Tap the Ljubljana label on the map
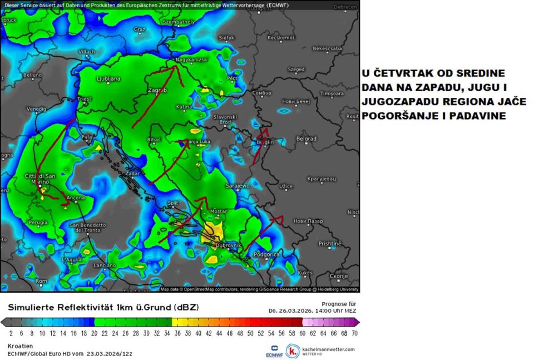point(108,79)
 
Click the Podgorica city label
point(266,254)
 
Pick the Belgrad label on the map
point(306,139)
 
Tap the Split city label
point(172,203)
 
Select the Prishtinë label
point(329,244)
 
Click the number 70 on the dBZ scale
point(354,333)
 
